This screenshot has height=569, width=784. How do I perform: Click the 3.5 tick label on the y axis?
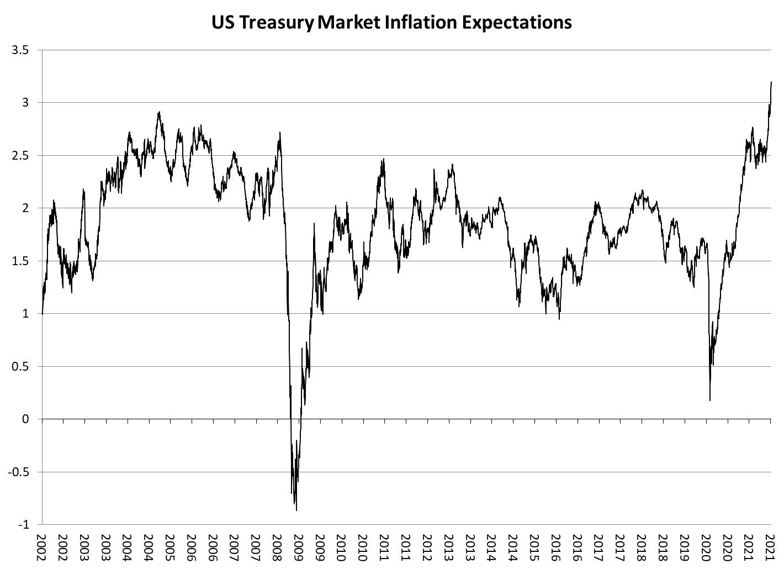[x=20, y=50]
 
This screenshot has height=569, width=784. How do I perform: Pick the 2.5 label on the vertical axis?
[x=20, y=156]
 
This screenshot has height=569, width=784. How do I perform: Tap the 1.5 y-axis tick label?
[x=20, y=261]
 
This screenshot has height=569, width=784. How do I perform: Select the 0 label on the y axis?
[x=25, y=419]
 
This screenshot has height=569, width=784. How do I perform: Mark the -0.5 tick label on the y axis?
[x=18, y=472]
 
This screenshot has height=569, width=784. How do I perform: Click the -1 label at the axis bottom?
[x=23, y=525]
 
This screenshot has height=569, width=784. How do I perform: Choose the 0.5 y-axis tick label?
[x=20, y=367]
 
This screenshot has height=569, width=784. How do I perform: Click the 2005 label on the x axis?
[x=170, y=547]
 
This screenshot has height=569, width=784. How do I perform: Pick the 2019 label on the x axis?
[x=684, y=547]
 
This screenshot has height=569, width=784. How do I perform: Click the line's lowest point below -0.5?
[x=296, y=510]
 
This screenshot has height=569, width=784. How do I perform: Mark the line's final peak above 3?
[x=771, y=82]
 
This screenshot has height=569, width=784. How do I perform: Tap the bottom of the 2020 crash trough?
[x=709, y=400]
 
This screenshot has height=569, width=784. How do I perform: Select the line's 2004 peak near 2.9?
[x=159, y=112]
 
